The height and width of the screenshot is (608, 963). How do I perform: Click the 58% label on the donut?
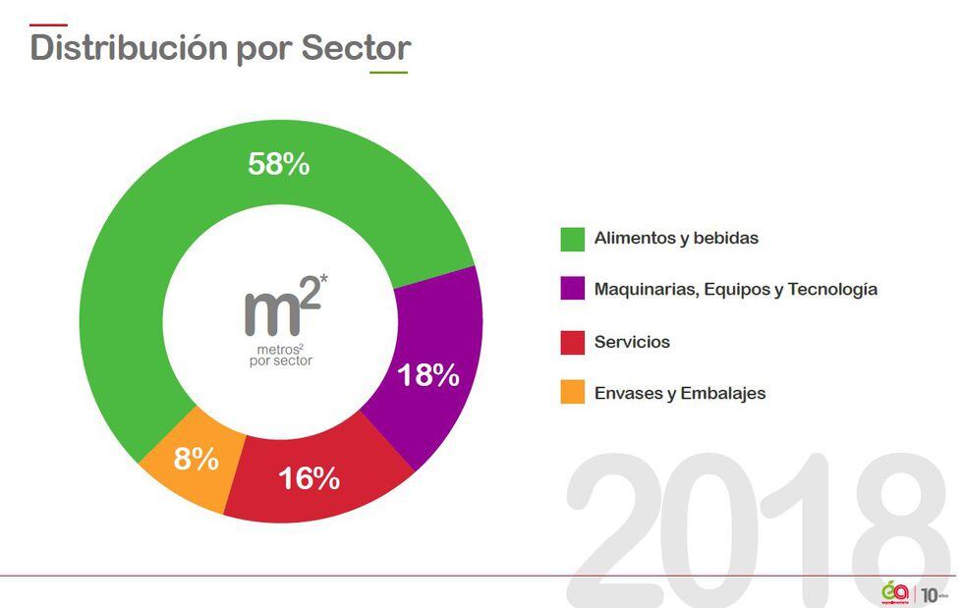[x=278, y=164]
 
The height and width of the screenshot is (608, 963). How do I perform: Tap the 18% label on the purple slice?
[x=427, y=375]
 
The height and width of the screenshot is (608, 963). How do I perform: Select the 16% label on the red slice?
[x=309, y=478]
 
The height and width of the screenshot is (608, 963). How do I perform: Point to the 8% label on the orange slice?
[x=196, y=458]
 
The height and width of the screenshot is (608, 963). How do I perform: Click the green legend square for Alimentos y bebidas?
[x=572, y=239]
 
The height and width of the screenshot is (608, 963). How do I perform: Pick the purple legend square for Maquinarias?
[x=572, y=290]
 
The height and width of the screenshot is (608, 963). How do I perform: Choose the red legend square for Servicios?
[x=572, y=342]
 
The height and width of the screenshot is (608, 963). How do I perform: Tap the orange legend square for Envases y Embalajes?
[x=572, y=393]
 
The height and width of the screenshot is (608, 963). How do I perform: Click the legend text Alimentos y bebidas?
[x=676, y=239]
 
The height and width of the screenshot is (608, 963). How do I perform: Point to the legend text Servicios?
[x=632, y=342]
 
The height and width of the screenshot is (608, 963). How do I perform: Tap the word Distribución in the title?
[x=129, y=47]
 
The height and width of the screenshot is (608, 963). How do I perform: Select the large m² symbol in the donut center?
[x=278, y=308]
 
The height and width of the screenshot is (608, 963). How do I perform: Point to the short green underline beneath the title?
[x=388, y=73]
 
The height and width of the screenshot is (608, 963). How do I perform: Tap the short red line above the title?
[x=49, y=25]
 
